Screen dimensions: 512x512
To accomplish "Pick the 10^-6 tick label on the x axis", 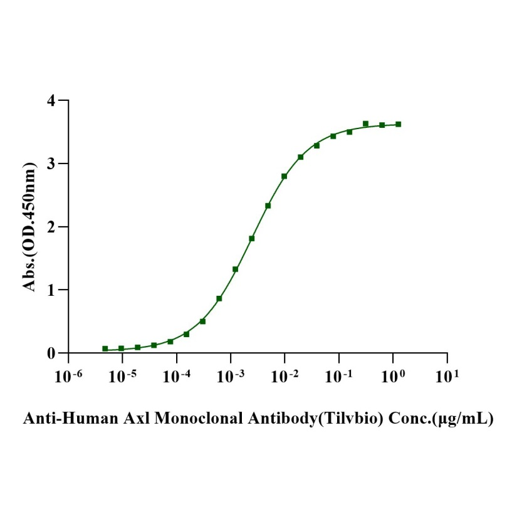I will point(68,375).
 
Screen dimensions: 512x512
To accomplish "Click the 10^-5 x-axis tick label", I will point(122,375).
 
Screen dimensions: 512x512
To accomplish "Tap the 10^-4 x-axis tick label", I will point(177,375).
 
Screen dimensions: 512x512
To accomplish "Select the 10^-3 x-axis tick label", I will point(231,375).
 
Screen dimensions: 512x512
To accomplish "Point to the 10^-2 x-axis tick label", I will point(285,375).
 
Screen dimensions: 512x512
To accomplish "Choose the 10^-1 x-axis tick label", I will point(339,375).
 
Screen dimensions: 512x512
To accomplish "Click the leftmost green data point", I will point(105,348).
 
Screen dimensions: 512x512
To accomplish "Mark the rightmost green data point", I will point(399,124).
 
